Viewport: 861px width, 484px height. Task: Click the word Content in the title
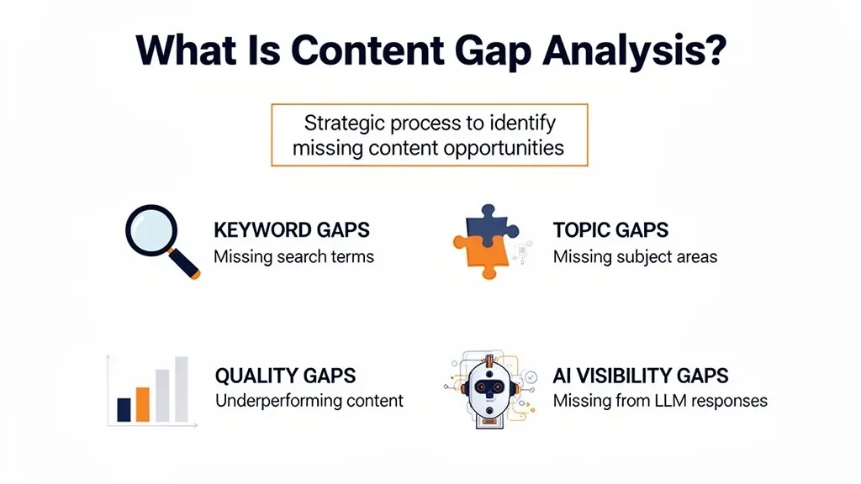383,52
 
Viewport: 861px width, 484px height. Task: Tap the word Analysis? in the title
634,52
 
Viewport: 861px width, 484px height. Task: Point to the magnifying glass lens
151,229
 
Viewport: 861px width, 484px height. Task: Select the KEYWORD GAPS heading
291,230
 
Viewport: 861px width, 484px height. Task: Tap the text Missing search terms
293,256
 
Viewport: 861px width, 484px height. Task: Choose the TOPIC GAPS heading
610,230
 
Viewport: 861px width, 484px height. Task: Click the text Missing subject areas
635,256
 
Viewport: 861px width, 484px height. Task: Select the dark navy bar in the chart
124,409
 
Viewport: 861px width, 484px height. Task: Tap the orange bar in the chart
142,403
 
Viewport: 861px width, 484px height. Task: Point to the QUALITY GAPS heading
285,376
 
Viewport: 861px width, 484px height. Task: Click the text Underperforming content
309,401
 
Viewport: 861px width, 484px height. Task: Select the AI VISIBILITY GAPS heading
641,376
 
